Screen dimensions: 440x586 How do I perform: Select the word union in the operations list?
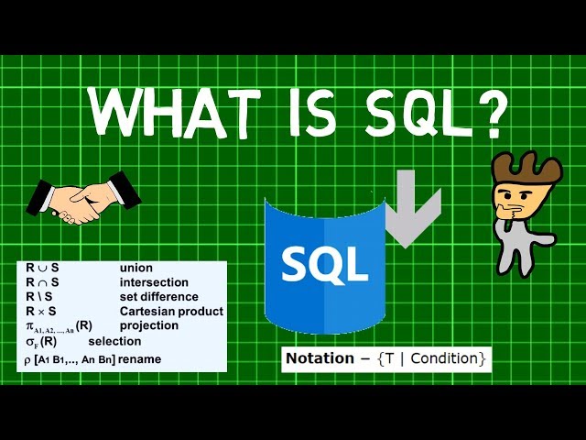coord(136,268)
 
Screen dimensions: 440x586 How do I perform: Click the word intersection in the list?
coord(154,282)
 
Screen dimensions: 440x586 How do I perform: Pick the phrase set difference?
coord(158,297)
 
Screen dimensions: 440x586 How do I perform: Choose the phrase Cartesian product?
coord(171,312)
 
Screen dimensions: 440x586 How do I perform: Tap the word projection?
coord(149,325)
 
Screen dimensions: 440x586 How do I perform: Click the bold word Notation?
coord(320,358)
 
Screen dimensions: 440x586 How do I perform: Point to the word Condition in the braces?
coord(443,358)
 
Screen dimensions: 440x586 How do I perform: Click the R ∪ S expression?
coord(42,268)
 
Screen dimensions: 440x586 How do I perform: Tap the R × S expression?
coord(41,312)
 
